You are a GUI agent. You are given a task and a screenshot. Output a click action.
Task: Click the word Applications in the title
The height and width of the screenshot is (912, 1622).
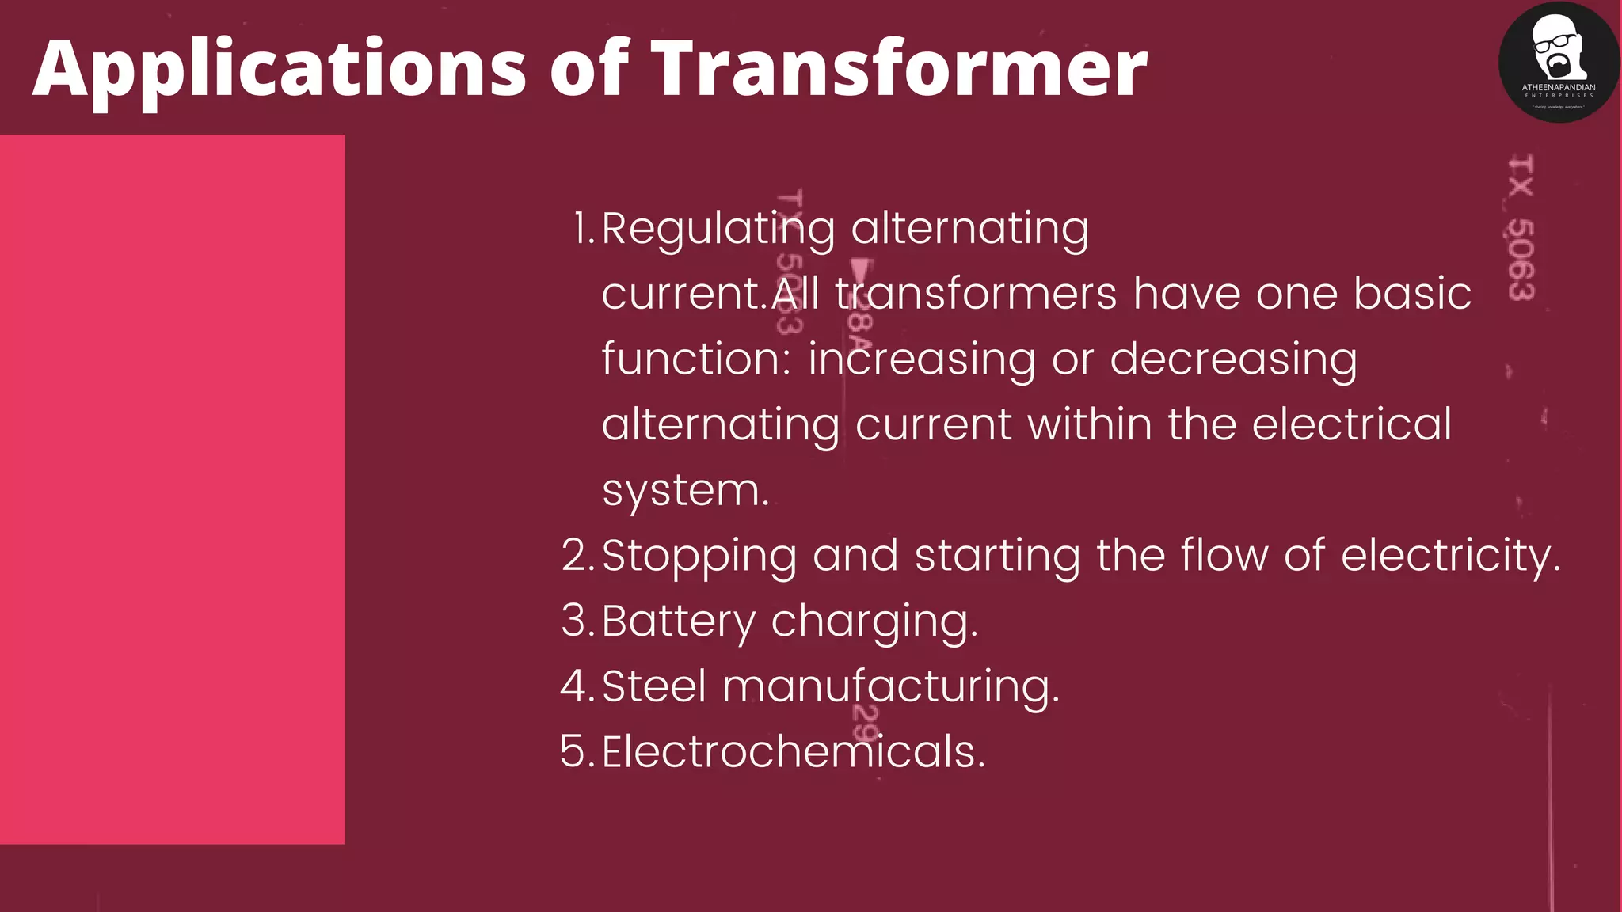[x=279, y=70]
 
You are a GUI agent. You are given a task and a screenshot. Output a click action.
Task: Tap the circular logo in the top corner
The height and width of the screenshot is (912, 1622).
[x=1558, y=62]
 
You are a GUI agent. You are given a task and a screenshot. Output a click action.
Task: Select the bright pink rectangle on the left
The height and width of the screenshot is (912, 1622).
[x=172, y=488]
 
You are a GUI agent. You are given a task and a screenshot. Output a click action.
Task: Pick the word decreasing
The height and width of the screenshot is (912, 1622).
[x=1233, y=360]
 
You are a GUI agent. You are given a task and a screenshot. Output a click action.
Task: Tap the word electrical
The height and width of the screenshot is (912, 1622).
[x=1351, y=424]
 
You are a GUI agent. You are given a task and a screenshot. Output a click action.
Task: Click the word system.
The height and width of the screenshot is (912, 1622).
[x=685, y=491]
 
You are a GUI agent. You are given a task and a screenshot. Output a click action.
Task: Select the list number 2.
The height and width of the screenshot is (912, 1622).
[x=576, y=555]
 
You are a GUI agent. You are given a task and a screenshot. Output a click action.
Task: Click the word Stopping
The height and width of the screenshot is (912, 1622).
[x=699, y=557]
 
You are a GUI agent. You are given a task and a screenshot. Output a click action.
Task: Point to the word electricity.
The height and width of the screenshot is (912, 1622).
[x=1450, y=555]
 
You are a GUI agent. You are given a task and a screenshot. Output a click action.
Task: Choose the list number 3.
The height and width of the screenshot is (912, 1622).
[x=576, y=621]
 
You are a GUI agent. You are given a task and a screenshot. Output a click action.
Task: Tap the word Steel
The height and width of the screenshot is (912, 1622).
[x=654, y=686]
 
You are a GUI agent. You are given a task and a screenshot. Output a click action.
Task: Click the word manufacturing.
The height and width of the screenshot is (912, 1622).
[x=890, y=686]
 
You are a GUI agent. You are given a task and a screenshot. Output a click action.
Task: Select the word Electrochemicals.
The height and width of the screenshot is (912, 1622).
[x=794, y=751]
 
